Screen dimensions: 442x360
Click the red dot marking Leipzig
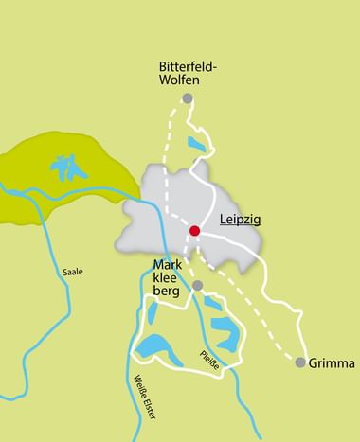pyautogui.click(x=194, y=230)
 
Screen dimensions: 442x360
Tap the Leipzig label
pyautogui.click(x=240, y=220)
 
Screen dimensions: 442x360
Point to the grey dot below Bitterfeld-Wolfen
pyautogui.click(x=188, y=98)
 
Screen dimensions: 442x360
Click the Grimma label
pyautogui.click(x=332, y=362)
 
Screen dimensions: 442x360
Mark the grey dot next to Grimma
pyautogui.click(x=300, y=362)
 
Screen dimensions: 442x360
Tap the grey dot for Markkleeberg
pyautogui.click(x=197, y=285)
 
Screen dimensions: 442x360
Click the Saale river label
pyautogui.click(x=72, y=272)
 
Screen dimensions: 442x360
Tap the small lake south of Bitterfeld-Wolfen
pyautogui.click(x=195, y=144)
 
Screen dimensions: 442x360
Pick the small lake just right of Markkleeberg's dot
pyautogui.click(x=213, y=302)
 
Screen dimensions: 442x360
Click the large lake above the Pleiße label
pyautogui.click(x=225, y=331)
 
